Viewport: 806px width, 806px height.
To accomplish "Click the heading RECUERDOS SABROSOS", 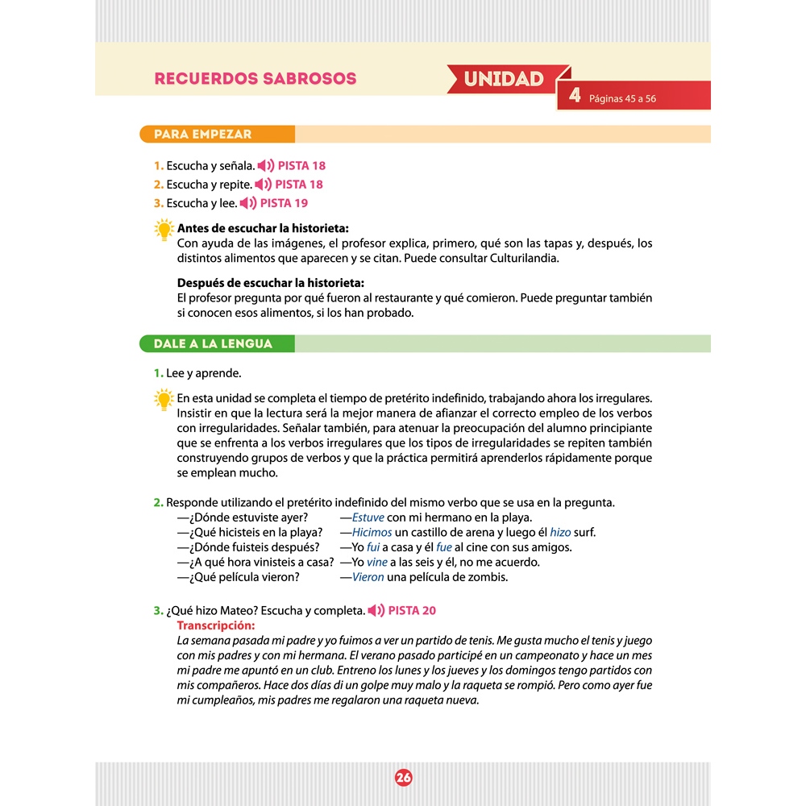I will tap(255, 79).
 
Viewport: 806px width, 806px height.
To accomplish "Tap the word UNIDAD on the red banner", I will tap(504, 79).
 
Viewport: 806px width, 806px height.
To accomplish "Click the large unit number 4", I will tap(575, 95).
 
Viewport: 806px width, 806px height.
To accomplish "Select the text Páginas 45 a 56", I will tap(622, 98).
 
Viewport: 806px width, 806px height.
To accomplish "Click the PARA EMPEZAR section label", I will tap(202, 135).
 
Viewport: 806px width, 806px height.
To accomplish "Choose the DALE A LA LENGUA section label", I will tap(213, 344).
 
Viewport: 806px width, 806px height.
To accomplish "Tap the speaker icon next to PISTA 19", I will tap(248, 203).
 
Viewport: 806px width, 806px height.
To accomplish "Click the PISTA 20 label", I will tap(412, 611).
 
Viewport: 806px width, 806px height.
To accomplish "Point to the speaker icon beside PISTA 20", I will tap(376, 611).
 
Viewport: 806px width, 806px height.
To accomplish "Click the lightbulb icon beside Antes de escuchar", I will tap(164, 230).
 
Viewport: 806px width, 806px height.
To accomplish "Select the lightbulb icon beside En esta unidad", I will tap(164, 399).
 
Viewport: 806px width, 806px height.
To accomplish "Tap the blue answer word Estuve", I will tap(368, 517).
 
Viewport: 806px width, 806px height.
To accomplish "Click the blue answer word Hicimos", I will tap(372, 533).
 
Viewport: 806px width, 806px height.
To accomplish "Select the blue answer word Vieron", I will tap(368, 577).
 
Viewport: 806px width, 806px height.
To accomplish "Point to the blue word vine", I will tap(377, 563).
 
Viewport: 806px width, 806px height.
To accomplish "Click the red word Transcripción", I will tap(215, 625).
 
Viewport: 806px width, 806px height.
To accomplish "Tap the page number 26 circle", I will tap(404, 778).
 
